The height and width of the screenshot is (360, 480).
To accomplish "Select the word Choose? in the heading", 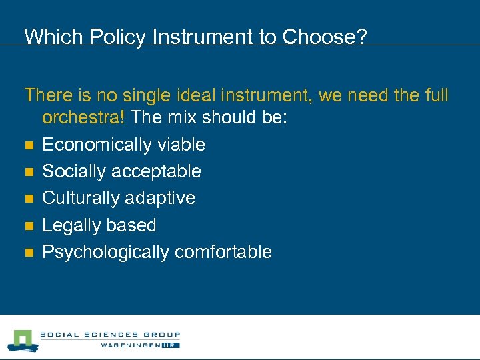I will [325, 37].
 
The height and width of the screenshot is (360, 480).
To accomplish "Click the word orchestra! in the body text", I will [85, 117].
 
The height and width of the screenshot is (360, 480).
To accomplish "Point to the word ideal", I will [188, 95].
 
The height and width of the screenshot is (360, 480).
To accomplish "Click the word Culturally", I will [80, 198].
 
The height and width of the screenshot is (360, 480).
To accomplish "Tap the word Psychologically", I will [105, 252].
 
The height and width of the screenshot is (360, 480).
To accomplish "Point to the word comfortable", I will [223, 252].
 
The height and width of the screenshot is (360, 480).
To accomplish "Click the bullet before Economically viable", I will [28, 145].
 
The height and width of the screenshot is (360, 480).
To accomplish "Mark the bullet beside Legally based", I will [28, 226].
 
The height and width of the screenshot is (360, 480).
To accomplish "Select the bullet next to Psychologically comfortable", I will [28, 253].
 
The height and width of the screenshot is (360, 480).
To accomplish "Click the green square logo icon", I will [22, 339].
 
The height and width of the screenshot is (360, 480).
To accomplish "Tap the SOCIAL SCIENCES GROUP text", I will [110, 335].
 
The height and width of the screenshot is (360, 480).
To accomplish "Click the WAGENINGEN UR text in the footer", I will [140, 345].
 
